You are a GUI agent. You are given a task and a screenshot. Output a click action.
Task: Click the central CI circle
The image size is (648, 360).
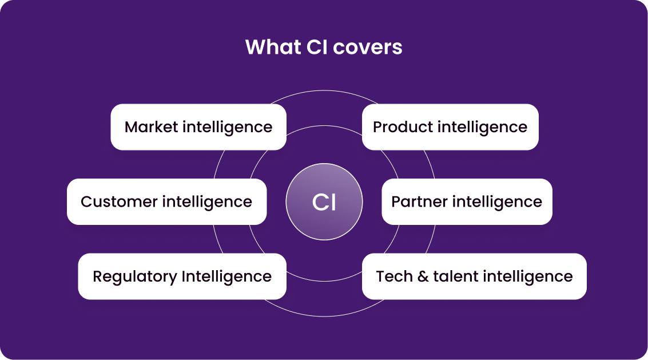(324, 202)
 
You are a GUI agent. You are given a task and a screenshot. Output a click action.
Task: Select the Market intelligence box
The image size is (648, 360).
(198, 127)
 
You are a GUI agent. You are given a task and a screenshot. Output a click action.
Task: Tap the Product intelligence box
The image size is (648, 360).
(450, 127)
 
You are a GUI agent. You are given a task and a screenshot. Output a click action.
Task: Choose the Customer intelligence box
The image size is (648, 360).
(166, 201)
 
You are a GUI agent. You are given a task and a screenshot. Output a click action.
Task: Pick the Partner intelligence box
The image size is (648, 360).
(467, 201)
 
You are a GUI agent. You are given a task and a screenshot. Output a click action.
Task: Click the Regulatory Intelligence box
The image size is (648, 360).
(182, 276)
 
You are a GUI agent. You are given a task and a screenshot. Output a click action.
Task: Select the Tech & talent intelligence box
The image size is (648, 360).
(474, 276)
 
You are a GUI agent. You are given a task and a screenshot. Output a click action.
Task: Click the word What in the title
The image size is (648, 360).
(269, 47)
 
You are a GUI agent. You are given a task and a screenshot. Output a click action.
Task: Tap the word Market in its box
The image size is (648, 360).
(151, 127)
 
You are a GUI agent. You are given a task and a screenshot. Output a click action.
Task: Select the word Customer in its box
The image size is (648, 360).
(119, 201)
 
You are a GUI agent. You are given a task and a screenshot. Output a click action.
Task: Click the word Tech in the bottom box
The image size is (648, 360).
(394, 276)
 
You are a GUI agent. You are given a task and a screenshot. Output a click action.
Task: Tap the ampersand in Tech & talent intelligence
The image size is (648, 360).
(423, 276)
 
